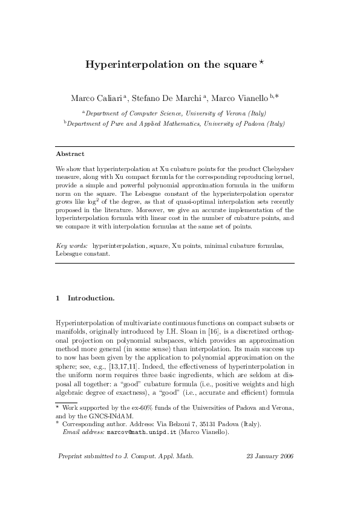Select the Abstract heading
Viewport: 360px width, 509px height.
70,154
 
